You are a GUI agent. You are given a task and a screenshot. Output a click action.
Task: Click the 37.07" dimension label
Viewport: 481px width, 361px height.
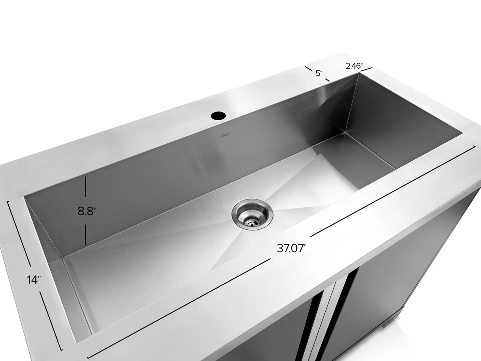pos(292,249)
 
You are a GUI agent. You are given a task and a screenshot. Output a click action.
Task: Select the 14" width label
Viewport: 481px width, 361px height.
pos(34,280)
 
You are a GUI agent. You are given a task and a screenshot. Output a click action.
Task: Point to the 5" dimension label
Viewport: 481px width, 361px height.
pos(319,73)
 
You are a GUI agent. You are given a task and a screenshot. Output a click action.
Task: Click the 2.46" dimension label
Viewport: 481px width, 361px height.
pos(353,66)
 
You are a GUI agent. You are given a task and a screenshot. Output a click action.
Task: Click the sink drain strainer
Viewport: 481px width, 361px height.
pos(252,214)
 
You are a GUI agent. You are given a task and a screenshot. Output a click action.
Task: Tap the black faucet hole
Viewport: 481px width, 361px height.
pos(218,116)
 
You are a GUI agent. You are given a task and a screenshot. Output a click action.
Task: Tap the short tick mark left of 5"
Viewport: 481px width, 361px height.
pos(309,69)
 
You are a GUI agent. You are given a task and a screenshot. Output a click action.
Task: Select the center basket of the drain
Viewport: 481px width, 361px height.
pos(252,223)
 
